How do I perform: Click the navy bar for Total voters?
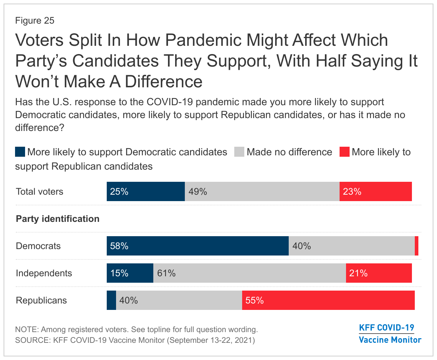coord(145,191)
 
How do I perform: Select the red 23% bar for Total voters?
coord(375,191)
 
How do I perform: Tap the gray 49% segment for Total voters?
coord(262,191)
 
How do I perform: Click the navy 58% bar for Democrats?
coord(197,246)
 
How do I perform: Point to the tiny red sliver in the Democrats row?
coord(417,246)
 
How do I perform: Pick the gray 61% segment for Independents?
coord(249,273)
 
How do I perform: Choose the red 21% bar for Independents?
coord(379,273)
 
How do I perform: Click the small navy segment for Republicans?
coord(111,300)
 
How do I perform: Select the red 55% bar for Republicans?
coord(328,300)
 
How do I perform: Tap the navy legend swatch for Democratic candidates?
coord(20,152)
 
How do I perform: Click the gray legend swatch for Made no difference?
coord(239,152)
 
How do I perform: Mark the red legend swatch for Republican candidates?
coord(344,152)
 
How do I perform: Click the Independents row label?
coord(44,273)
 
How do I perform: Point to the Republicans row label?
coord(42,300)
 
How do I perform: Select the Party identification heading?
coord(58,219)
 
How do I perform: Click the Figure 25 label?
coord(35,20)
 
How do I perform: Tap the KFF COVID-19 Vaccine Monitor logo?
coord(390,334)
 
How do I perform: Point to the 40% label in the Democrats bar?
coord(302,246)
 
